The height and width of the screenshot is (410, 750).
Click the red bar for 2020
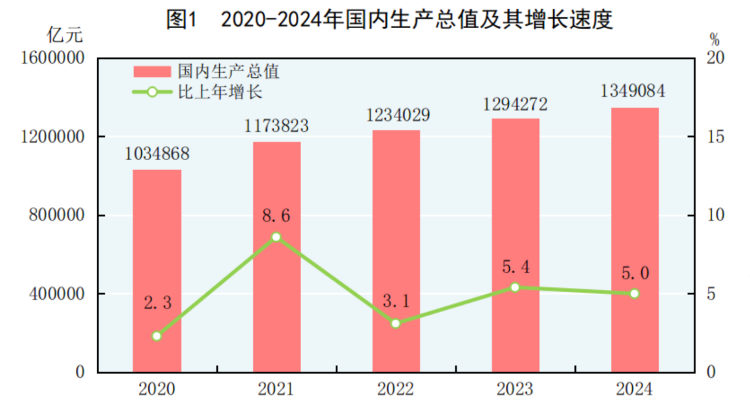click(156, 270)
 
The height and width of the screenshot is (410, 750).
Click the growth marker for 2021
click(276, 237)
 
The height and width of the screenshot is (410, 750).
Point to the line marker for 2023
click(515, 287)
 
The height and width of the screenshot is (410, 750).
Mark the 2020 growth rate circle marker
click(156, 336)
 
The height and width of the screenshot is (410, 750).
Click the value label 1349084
click(633, 92)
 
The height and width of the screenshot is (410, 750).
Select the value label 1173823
click(277, 126)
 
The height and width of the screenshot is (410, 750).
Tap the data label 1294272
click(515, 104)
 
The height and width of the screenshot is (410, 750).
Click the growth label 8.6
click(276, 216)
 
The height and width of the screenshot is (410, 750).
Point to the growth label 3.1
click(396, 302)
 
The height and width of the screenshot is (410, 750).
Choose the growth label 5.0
click(635, 273)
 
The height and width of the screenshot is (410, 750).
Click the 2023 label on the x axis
click(515, 389)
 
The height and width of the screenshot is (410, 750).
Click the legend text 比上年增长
click(220, 92)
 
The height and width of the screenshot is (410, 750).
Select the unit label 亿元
click(65, 35)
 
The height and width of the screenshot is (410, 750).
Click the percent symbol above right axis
click(714, 40)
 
